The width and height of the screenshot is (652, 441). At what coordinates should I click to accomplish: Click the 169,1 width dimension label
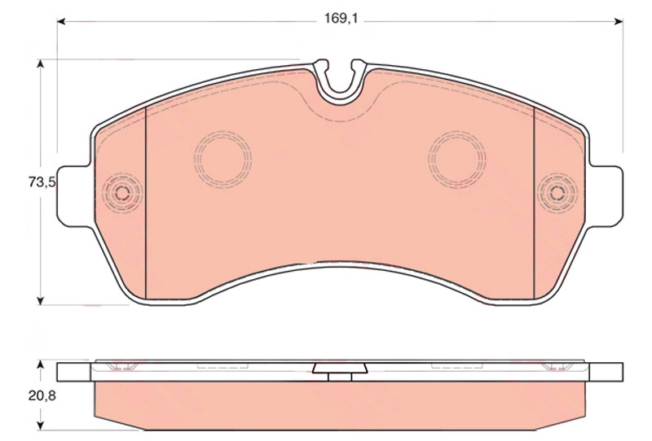[341, 18]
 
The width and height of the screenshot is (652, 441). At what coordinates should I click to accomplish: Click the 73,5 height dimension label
[42, 182]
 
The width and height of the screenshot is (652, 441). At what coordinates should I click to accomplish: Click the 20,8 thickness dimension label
[42, 395]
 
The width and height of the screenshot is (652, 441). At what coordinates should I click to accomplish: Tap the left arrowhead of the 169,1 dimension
[61, 21]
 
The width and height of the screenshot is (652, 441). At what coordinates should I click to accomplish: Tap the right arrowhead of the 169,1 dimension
[619, 21]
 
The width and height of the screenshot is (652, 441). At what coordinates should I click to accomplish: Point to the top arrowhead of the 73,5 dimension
[40, 63]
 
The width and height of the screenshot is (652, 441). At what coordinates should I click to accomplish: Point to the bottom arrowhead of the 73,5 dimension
[40, 301]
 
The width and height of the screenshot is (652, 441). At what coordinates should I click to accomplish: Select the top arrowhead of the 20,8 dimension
[40, 365]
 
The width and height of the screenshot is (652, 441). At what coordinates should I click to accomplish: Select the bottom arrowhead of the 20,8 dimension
[40, 426]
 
